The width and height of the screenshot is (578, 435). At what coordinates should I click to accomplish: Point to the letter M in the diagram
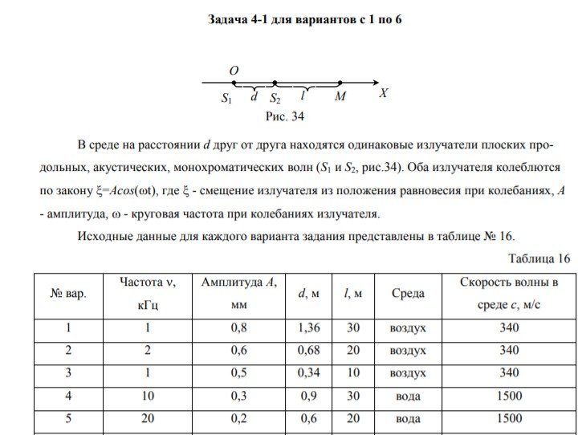pyautogui.click(x=340, y=97)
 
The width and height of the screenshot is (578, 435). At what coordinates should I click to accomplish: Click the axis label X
pyautogui.click(x=384, y=93)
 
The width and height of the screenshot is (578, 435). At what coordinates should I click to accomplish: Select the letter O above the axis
pyautogui.click(x=234, y=71)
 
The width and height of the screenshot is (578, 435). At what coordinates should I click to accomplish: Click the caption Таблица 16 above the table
pyautogui.click(x=539, y=258)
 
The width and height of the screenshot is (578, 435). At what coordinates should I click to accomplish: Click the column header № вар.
pyautogui.click(x=68, y=294)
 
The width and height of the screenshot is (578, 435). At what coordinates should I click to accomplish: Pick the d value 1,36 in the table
pyautogui.click(x=308, y=327)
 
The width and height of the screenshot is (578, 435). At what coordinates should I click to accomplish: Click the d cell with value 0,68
pyautogui.click(x=308, y=350)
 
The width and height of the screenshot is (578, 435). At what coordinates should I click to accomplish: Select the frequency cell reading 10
pyautogui.click(x=147, y=396)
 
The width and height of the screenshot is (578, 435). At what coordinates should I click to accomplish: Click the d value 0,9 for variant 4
pyautogui.click(x=308, y=396)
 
